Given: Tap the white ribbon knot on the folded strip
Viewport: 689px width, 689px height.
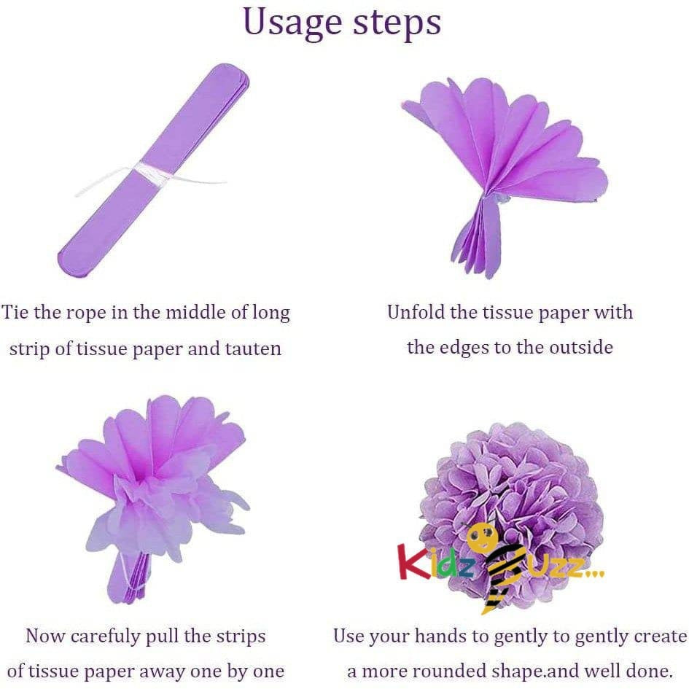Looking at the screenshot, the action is pos(152,172).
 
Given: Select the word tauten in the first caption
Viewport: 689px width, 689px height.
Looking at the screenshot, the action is pos(253,349).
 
